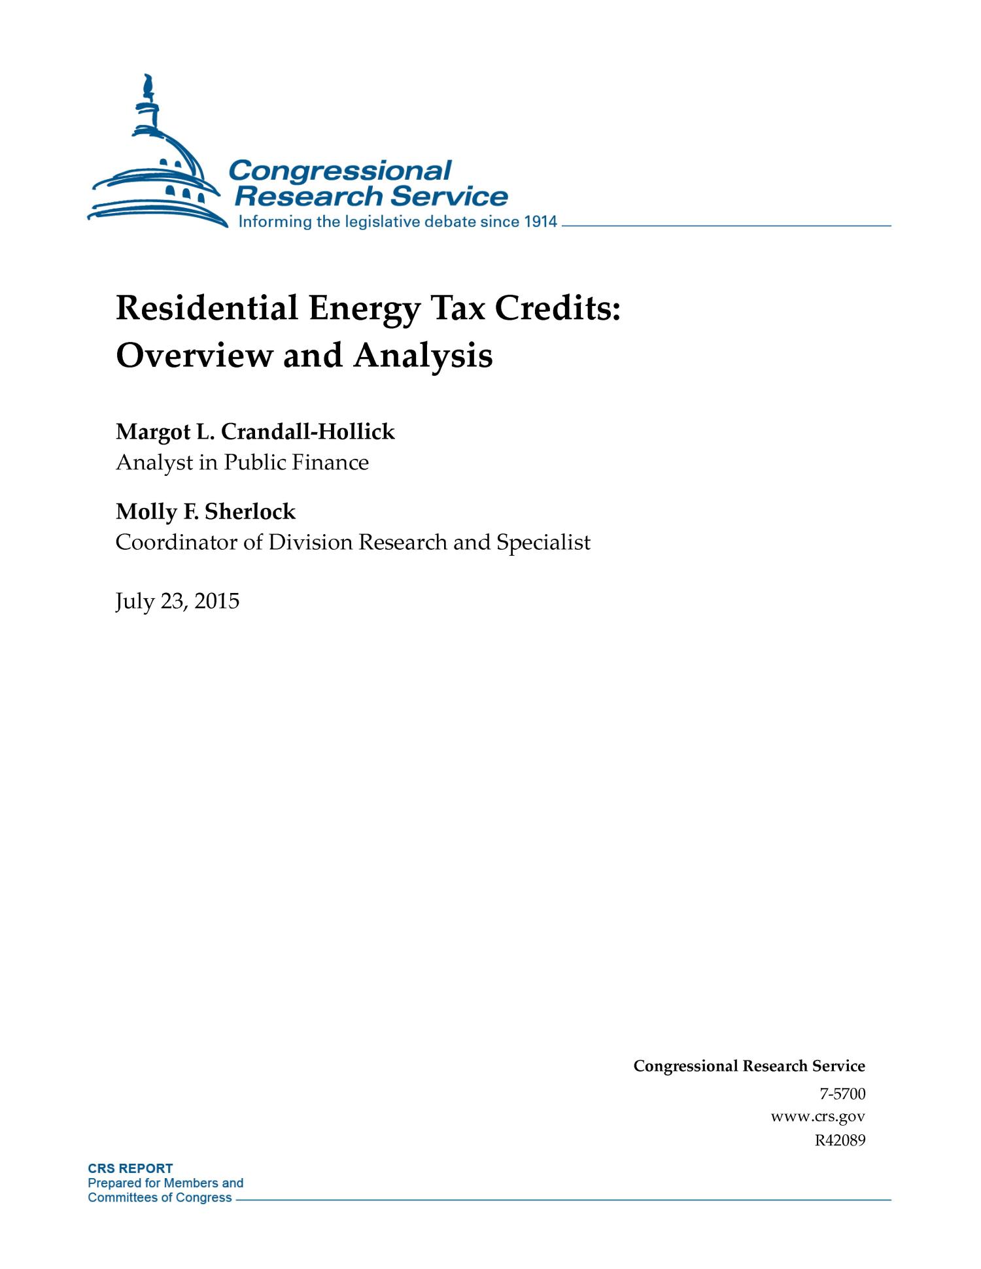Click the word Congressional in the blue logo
[340, 171]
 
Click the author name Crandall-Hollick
[308, 431]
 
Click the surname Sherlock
[250, 511]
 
